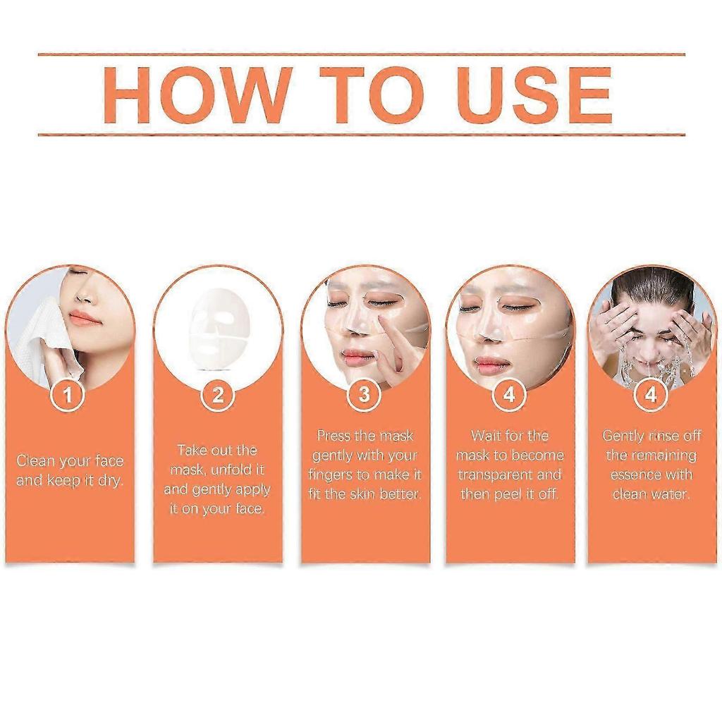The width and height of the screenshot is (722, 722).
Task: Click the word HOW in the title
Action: [x=197, y=95]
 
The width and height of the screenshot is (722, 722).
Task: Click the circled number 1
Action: [x=68, y=396]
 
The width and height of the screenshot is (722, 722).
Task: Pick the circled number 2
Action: [x=217, y=396]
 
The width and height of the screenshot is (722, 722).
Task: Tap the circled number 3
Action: [x=364, y=396]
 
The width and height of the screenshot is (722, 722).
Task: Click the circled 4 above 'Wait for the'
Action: [x=509, y=396]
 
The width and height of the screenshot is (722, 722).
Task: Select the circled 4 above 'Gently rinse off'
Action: [x=650, y=396]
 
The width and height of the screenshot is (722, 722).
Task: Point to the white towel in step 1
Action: [x=42, y=338]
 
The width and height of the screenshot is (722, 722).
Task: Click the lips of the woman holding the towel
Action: [x=85, y=318]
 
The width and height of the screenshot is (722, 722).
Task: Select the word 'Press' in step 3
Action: [x=333, y=436]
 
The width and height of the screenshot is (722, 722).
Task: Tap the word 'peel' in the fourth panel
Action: [x=510, y=494]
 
